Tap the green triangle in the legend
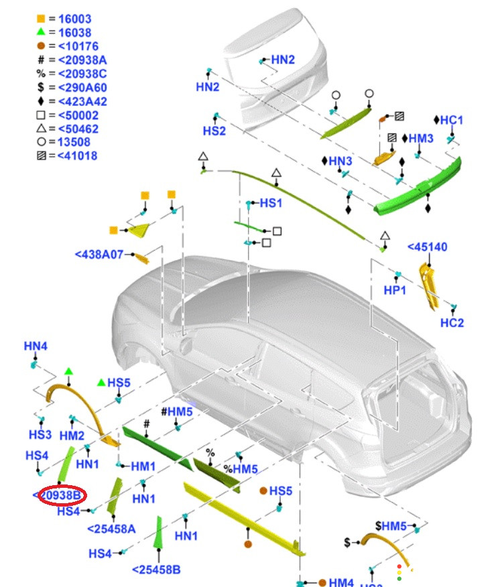tap(40, 33)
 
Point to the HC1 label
tap(452, 121)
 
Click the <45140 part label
tap(427, 247)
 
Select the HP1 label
tap(395, 290)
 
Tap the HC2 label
tap(452, 322)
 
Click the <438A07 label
tap(99, 255)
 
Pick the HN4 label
tap(36, 346)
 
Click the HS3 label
tap(40, 435)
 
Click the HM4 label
tap(340, 582)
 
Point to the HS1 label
tap(271, 202)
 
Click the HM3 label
tap(421, 139)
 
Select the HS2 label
tap(214, 131)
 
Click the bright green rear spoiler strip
tap(419, 190)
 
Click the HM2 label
tap(72, 436)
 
